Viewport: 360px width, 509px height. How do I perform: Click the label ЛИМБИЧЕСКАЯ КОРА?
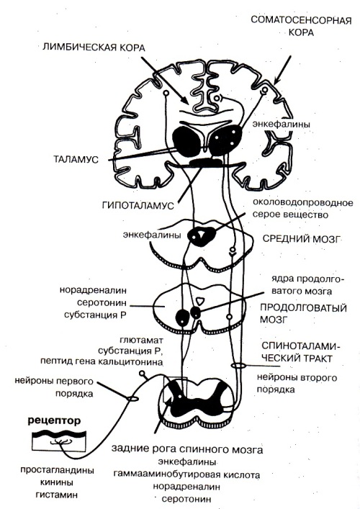[x=94, y=48]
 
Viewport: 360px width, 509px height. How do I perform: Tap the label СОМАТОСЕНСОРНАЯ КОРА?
[x=301, y=26]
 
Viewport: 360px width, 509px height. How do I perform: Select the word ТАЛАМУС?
[x=76, y=159]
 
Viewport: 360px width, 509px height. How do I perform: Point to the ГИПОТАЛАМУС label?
[x=138, y=205]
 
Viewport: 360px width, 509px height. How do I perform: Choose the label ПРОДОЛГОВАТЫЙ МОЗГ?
[x=303, y=313]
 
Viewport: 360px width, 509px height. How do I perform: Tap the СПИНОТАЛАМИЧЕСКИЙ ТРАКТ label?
[x=301, y=352]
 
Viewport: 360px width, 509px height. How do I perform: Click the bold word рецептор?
[x=54, y=421]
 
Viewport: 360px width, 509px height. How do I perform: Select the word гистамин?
[x=57, y=495]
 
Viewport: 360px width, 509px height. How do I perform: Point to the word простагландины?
[x=57, y=470]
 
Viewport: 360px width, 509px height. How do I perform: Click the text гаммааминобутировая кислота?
[x=186, y=475]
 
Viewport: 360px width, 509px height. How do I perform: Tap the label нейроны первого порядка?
[x=54, y=387]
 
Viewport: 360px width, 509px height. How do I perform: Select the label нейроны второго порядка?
[x=297, y=383]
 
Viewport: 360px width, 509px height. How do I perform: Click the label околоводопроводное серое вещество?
[x=302, y=209]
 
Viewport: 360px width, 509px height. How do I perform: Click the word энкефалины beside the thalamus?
[x=281, y=124]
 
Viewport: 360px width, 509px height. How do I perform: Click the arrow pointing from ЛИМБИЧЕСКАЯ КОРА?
[x=165, y=80]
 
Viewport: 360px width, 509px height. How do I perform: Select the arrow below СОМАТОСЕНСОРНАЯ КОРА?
[x=282, y=70]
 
